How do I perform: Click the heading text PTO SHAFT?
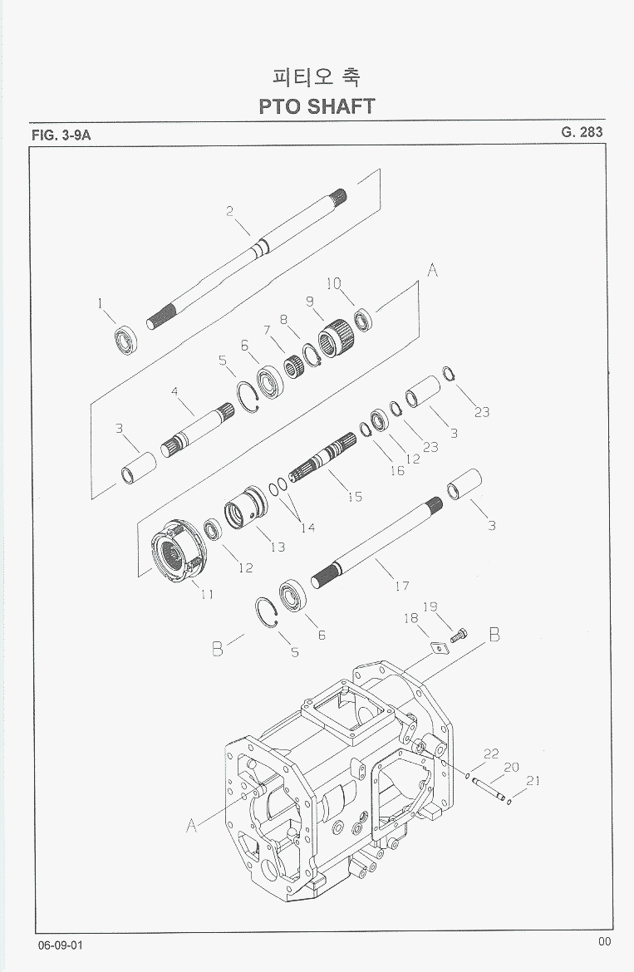pos(317,106)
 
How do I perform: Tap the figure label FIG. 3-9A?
pos(61,135)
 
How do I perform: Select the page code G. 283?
pos(582,132)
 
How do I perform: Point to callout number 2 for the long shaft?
pos(230,211)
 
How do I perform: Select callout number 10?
pos(332,283)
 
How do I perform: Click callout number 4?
pos(175,390)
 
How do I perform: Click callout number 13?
pos(277,547)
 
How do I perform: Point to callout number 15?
pos(355,497)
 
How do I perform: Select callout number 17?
pos(402,586)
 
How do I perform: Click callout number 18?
pos(410,618)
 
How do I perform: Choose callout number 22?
pos(491,754)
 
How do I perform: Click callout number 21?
pos(533,780)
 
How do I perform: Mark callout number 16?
pos(396,470)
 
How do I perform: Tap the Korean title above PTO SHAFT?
pos(317,76)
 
